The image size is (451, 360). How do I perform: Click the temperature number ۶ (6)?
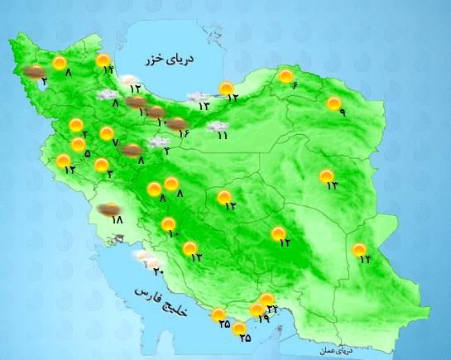pos(294,88)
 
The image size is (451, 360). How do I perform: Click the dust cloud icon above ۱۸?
pos(107,209)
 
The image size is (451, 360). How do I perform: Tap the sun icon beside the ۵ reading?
pos(79,145)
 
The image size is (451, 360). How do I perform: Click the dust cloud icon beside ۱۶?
pos(176,123)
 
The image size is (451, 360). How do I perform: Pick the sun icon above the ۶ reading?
pos(286,77)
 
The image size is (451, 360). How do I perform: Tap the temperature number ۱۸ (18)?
pos(116,221)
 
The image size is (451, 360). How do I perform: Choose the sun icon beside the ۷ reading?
pos(106,132)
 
